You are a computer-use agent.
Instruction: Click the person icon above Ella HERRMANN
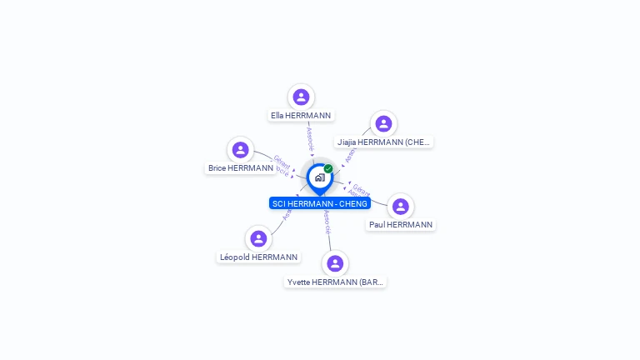click(x=301, y=97)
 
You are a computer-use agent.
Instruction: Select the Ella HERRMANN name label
click(x=301, y=116)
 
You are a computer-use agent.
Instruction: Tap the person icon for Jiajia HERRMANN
click(x=383, y=124)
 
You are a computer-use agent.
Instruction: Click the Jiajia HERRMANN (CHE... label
click(x=383, y=142)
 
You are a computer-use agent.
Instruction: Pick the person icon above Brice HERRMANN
click(x=241, y=150)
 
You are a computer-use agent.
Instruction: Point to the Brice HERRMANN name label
click(x=241, y=168)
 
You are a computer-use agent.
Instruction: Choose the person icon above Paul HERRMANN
click(x=401, y=207)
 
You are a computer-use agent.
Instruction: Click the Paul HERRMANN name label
click(x=401, y=225)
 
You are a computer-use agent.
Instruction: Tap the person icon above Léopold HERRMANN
click(x=258, y=239)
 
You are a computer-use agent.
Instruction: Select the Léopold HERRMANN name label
click(x=258, y=257)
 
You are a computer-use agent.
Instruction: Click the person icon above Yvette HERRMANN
click(x=335, y=263)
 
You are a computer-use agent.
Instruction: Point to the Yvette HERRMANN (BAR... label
click(x=335, y=282)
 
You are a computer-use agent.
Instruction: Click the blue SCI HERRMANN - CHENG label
click(x=320, y=203)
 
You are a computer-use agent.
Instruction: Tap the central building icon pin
click(x=319, y=177)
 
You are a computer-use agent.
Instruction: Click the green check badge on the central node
click(x=328, y=168)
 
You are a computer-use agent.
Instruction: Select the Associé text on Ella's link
click(x=310, y=137)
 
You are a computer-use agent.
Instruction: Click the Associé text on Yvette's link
click(x=327, y=221)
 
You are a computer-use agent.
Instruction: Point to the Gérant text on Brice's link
click(x=282, y=161)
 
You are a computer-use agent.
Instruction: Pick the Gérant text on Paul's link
click(x=362, y=187)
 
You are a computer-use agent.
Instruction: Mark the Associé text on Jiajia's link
click(x=350, y=153)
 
